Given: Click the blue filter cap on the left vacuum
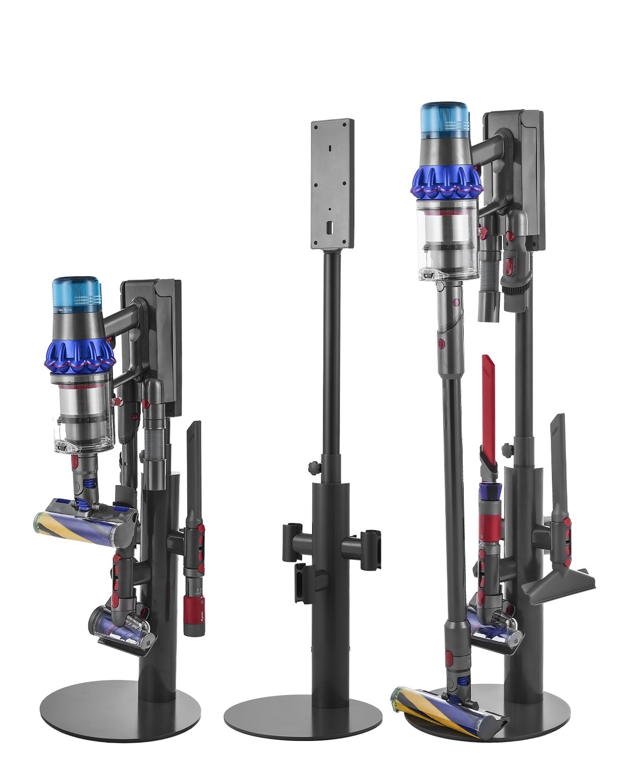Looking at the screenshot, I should pyautogui.click(x=76, y=293).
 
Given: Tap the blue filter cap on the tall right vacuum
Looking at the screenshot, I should pyautogui.click(x=445, y=121).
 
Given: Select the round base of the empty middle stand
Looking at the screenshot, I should pyautogui.click(x=303, y=718).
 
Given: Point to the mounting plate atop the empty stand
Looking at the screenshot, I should pyautogui.click(x=333, y=183).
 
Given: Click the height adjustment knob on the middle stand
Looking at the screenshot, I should pyautogui.click(x=314, y=467).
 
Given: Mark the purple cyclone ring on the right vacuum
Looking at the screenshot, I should pyautogui.click(x=446, y=182).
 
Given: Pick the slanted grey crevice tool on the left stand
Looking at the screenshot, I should pyautogui.click(x=194, y=464).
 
